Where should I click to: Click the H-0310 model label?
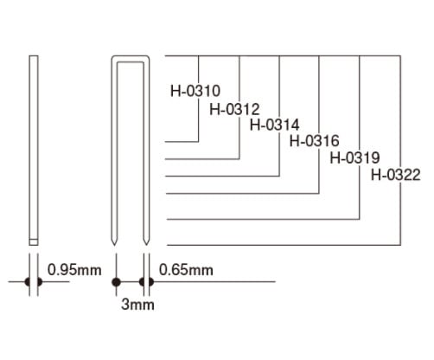[195, 91]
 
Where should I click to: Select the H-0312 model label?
[234, 109]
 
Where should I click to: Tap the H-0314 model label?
[275, 125]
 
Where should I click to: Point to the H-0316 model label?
[315, 141]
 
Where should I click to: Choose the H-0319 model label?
[354, 157]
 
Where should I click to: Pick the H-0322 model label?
[396, 175]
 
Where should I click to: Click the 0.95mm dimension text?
[74, 270]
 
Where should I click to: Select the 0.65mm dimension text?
[186, 270]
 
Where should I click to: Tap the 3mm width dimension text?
[137, 305]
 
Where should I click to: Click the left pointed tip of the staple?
[114, 245]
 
